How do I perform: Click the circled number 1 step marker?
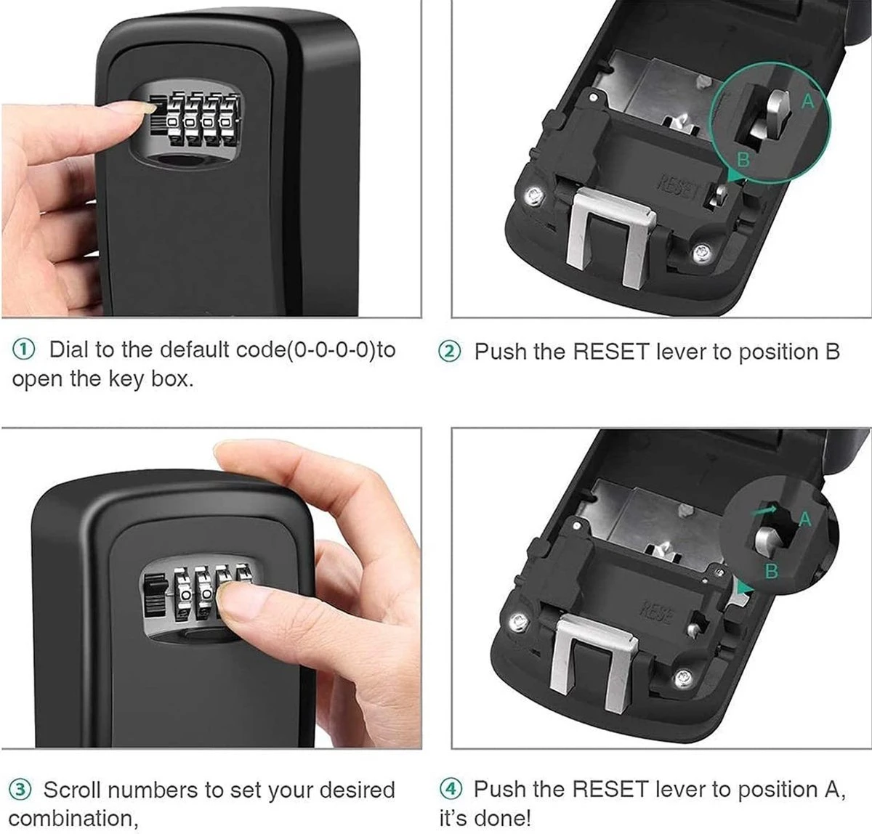23,350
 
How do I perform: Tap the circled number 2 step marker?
449,351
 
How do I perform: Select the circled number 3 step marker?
20,790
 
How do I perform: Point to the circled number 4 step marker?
450,789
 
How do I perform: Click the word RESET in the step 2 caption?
611,351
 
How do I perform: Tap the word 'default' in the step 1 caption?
195,349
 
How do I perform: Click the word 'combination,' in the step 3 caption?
73,818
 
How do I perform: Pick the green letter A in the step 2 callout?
807,101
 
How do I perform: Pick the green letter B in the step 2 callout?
743,159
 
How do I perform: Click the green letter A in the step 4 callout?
806,519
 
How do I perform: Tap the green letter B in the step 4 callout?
772,570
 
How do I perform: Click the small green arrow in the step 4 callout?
765,510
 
